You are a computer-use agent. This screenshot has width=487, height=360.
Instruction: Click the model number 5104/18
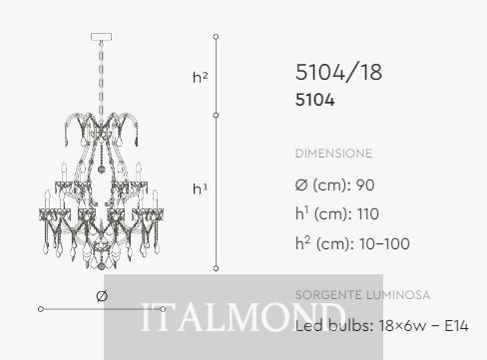click(338, 72)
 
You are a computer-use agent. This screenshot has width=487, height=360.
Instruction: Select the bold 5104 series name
click(314, 100)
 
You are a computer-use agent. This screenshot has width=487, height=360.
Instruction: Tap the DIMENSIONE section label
click(333, 154)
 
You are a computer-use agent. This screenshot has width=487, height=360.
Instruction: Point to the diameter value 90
click(365, 184)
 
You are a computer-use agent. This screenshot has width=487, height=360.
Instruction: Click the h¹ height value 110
click(367, 213)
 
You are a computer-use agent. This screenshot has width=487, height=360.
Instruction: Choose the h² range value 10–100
click(384, 243)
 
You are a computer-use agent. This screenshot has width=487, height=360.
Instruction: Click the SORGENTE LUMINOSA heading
click(362, 295)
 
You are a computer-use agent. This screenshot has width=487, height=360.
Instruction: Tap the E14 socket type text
click(456, 325)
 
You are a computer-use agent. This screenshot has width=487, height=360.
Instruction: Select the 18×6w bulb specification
click(402, 325)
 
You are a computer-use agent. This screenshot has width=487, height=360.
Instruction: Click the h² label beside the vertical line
click(200, 77)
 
